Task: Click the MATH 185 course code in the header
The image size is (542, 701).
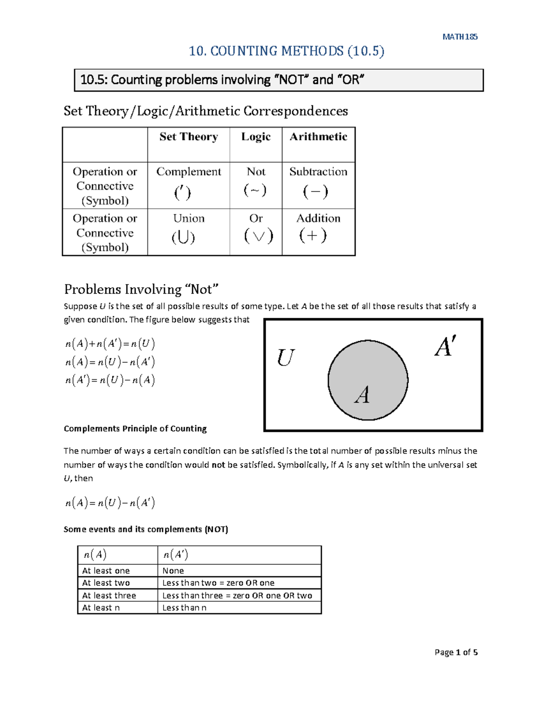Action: tap(460, 37)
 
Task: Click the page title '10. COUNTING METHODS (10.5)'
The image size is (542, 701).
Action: tap(286, 51)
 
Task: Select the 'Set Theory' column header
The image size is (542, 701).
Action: tap(188, 137)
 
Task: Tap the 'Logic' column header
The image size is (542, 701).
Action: tap(256, 137)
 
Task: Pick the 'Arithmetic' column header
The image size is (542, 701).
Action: tap(318, 137)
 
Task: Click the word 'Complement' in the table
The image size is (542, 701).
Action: tap(188, 172)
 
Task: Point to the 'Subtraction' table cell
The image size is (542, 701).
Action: tap(318, 172)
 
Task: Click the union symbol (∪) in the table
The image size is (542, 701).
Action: tap(183, 237)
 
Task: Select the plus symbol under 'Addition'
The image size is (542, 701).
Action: tap(313, 236)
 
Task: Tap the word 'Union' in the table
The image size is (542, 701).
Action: tap(189, 218)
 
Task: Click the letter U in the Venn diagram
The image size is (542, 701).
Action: tap(285, 358)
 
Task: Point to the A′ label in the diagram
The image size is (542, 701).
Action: tap(445, 347)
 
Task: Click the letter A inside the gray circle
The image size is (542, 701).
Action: tap(362, 395)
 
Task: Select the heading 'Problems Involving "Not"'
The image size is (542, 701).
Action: tap(141, 289)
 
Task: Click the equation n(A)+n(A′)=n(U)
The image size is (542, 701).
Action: tap(110, 344)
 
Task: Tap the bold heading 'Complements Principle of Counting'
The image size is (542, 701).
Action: tap(135, 428)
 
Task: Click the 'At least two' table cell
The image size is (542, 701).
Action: tap(106, 583)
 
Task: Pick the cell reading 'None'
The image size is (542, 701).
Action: tap(173, 571)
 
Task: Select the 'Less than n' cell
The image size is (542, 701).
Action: tap(184, 608)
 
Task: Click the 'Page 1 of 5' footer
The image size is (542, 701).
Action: tap(456, 652)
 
